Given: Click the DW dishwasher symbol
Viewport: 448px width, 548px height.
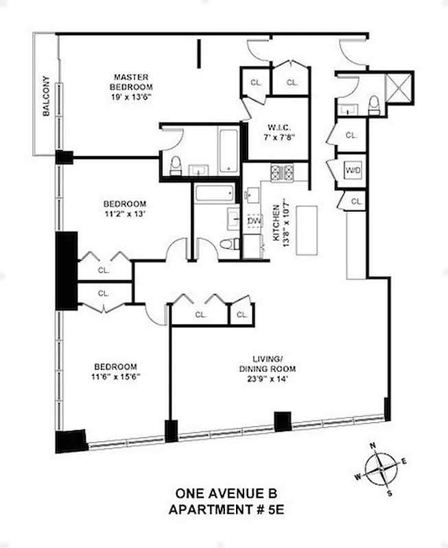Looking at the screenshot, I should tap(253, 221).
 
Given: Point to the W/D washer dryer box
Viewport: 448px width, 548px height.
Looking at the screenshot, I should tap(352, 170).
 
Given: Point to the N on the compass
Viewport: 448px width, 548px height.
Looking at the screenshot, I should tap(373, 447).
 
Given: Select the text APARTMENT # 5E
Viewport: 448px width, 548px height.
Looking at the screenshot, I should tap(224, 510).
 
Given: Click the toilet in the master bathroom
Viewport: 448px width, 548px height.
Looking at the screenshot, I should tap(176, 164).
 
